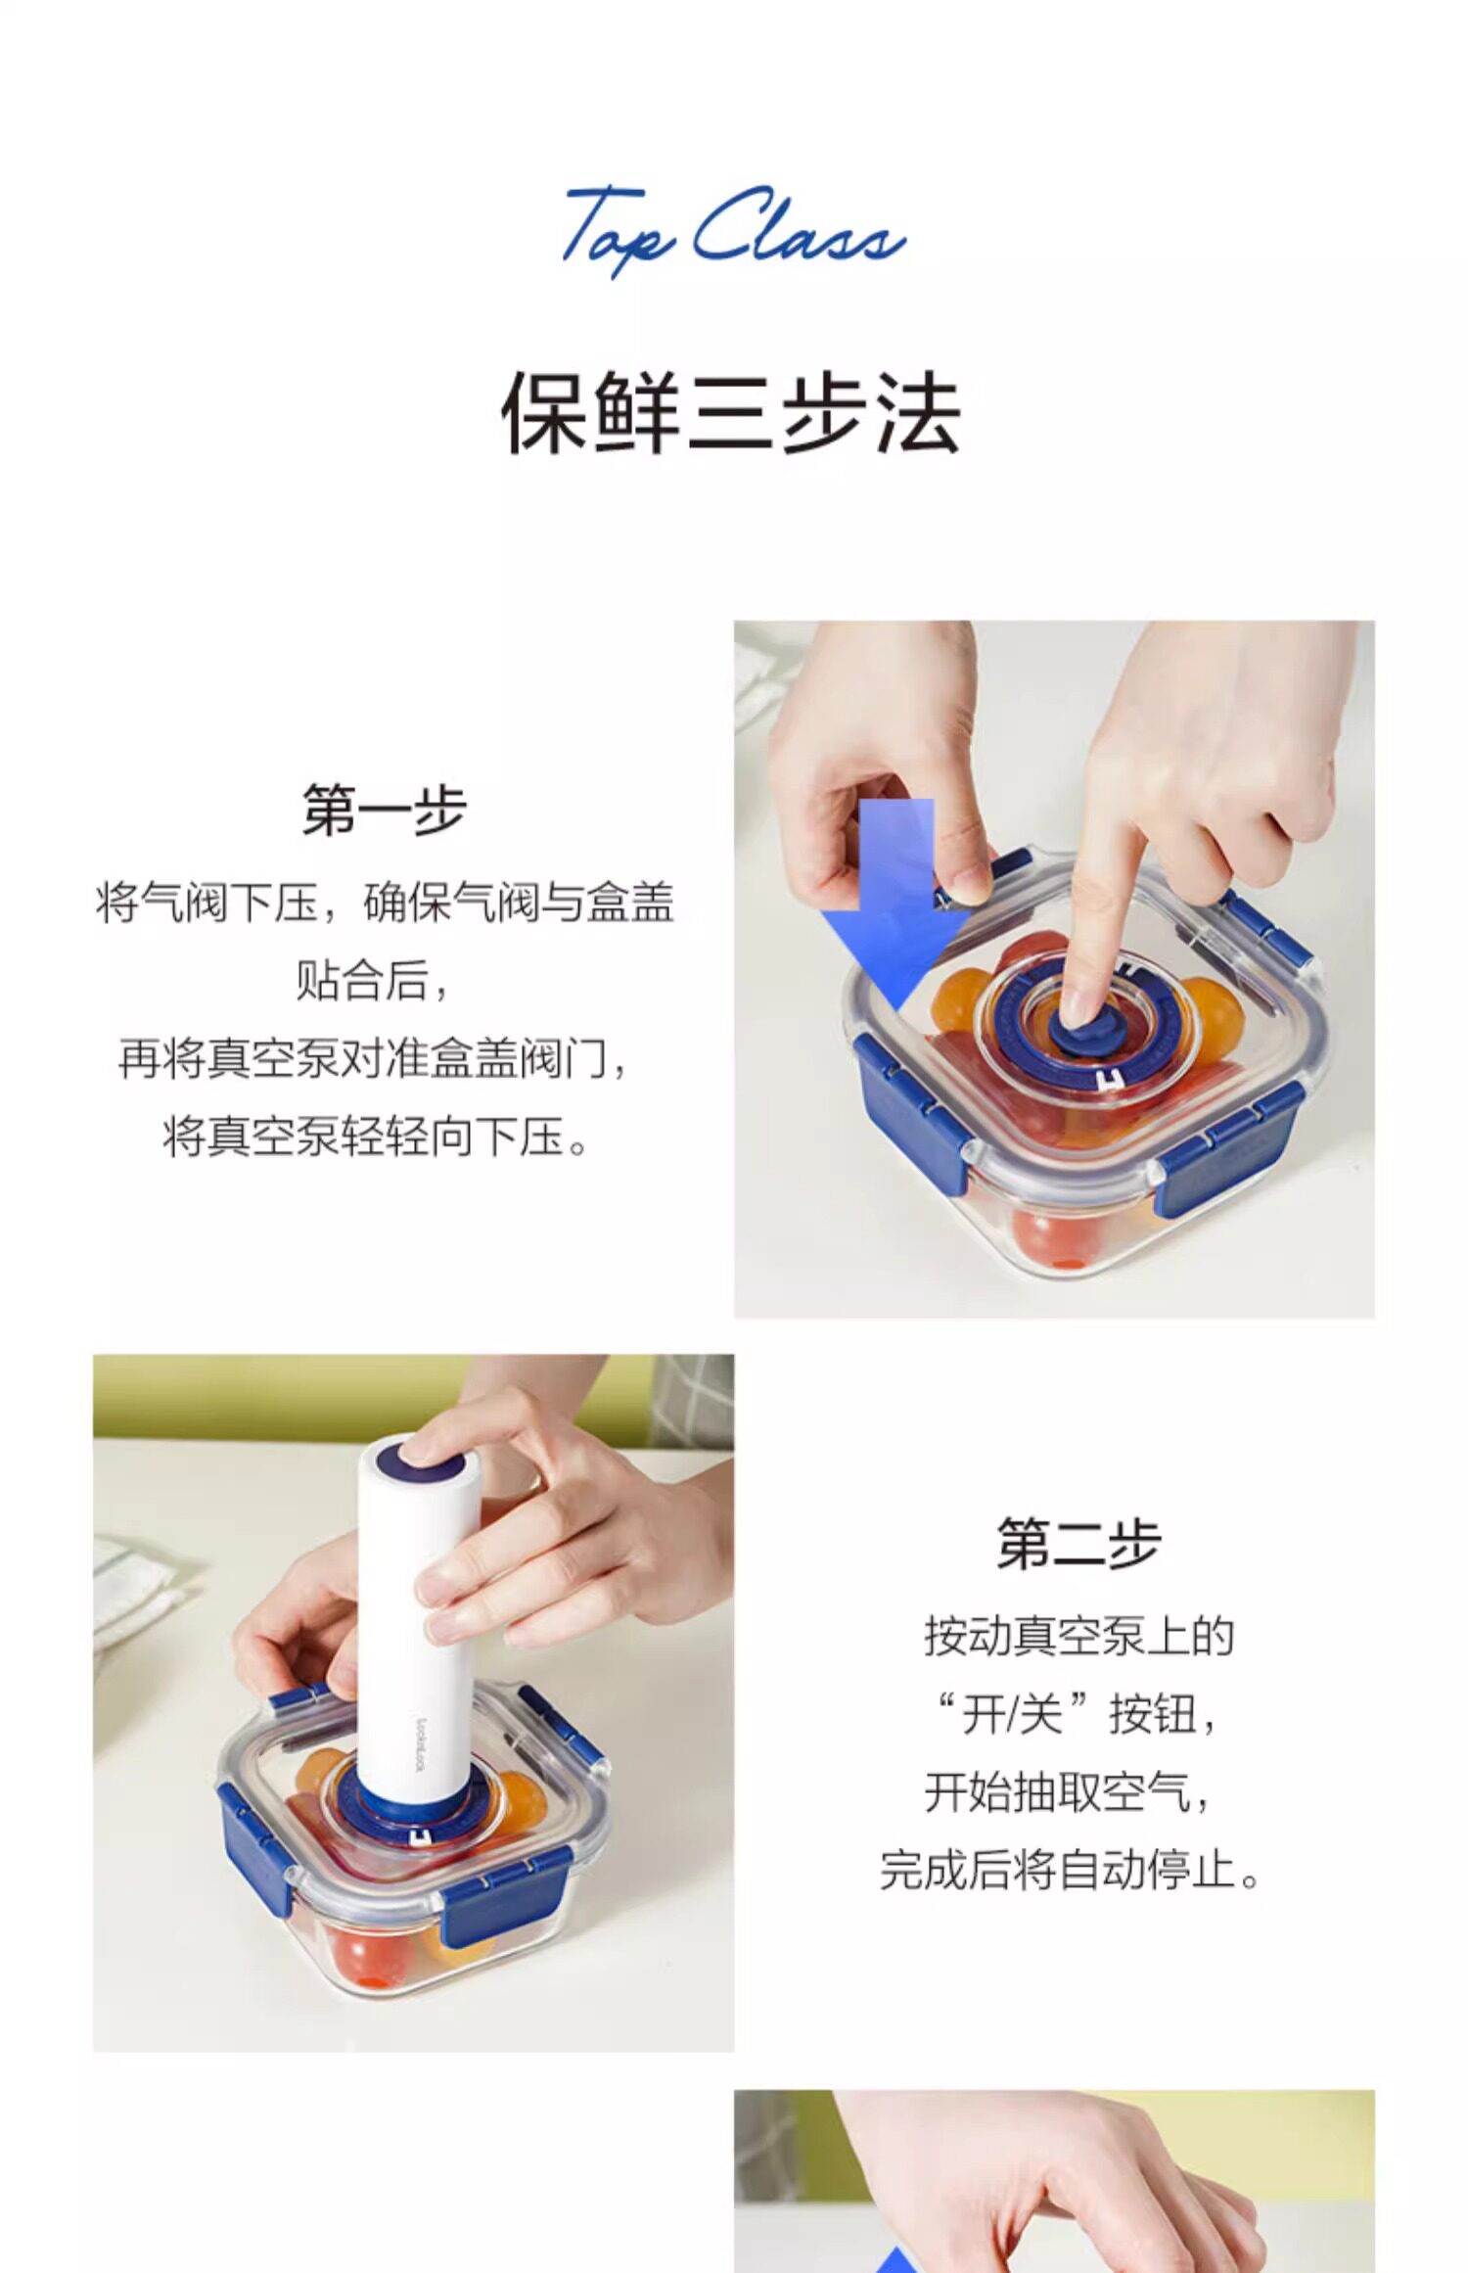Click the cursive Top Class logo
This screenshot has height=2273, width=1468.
coord(732,231)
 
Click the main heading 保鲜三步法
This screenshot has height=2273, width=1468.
coord(731,414)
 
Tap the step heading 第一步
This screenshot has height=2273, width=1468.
coord(384,810)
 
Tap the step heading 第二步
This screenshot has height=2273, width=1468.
coord(1078,1544)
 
